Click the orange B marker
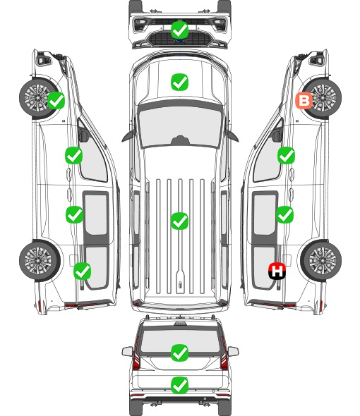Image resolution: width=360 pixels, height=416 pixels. [x=304, y=101]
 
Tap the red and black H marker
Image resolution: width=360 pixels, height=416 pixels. [x=277, y=271]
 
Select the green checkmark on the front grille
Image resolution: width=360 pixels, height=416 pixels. [x=179, y=30]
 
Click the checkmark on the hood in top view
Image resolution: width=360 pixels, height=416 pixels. [x=179, y=82]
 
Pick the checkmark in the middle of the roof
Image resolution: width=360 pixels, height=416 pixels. [x=179, y=221]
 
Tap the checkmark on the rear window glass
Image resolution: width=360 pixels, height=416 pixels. [x=179, y=353]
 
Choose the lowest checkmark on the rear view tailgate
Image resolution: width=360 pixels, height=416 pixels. [x=179, y=385]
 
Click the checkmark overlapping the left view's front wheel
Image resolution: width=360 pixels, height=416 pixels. [x=56, y=100]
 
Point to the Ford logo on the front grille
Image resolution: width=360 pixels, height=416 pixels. [x=179, y=41]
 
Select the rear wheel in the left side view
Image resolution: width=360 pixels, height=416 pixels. [x=40, y=261]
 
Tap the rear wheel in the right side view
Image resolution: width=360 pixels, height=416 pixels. [x=321, y=261]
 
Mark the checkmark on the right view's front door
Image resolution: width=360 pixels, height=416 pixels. [x=286, y=155]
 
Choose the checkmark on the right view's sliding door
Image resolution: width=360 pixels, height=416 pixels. [x=284, y=214]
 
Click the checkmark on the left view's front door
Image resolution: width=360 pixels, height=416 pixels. [x=73, y=155]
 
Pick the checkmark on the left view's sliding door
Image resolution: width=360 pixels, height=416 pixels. [x=74, y=214]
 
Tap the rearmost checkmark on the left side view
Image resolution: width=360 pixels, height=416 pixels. [x=82, y=271]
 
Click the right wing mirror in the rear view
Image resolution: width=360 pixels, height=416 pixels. [x=233, y=351]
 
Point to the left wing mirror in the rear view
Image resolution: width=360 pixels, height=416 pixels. [x=127, y=351]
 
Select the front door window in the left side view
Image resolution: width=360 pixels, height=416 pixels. [x=92, y=157]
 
